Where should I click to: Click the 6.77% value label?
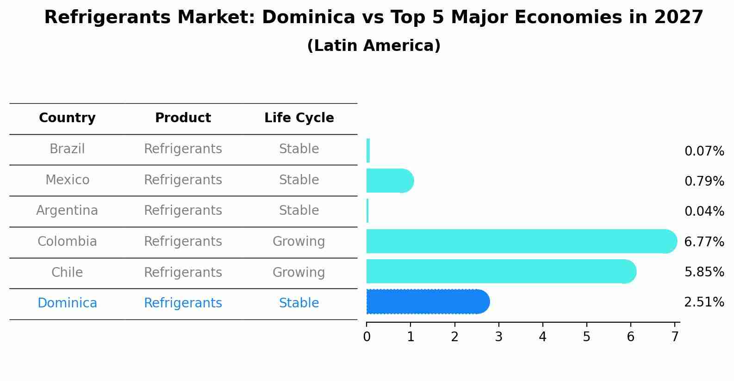[704, 242]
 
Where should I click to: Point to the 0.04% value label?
[704, 212]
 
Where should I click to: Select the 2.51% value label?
[704, 302]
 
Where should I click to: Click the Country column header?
[67, 118]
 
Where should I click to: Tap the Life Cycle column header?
[299, 118]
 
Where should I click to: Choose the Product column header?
[183, 118]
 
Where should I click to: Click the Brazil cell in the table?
[67, 149]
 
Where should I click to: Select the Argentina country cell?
[67, 211]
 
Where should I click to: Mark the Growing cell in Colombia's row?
[299, 242]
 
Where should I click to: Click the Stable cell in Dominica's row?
[299, 303]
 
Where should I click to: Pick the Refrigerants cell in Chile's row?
[183, 272]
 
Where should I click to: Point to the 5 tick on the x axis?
[586, 337]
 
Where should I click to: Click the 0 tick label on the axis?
[367, 337]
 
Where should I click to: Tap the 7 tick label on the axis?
[675, 337]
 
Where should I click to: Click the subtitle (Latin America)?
[373, 46]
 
